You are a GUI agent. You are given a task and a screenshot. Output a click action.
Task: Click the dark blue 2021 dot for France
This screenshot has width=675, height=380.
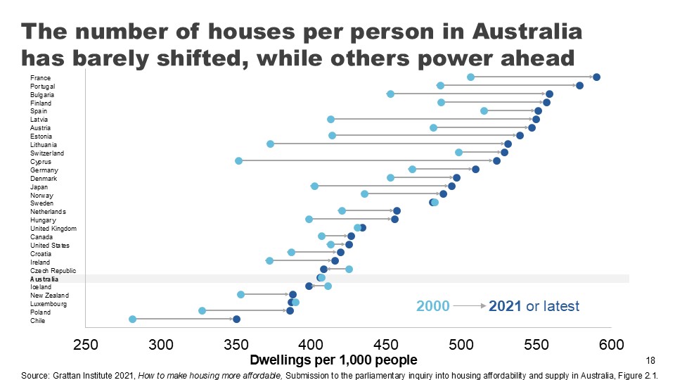tap(596, 77)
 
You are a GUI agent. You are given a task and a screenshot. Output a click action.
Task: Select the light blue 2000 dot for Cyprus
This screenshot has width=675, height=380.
tap(238, 161)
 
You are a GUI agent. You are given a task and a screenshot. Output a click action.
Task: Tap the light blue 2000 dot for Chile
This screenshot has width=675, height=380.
tap(132, 319)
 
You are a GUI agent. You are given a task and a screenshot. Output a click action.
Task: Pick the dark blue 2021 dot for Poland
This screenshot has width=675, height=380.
tap(290, 310)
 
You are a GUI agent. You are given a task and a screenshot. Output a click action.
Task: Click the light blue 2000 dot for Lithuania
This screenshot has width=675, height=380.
tap(270, 144)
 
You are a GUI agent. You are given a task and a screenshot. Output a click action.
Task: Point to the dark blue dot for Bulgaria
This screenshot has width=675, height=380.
tap(549, 94)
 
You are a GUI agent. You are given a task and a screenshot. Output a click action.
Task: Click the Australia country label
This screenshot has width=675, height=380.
tap(44, 279)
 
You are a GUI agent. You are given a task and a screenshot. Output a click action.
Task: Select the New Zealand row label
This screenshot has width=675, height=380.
tap(48, 296)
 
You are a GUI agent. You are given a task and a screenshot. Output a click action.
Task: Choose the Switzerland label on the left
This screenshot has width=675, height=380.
tap(47, 153)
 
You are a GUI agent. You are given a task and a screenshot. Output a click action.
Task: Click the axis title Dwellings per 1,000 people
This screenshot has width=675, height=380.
tap(334, 360)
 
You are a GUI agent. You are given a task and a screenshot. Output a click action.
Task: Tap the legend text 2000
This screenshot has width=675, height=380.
tap(432, 306)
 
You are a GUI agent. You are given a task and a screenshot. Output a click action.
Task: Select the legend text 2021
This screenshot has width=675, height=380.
tap(506, 306)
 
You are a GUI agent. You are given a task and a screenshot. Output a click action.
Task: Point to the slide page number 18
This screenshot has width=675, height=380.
tap(650, 360)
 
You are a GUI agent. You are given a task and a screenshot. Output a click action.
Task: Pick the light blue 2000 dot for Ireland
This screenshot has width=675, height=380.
tap(269, 261)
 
